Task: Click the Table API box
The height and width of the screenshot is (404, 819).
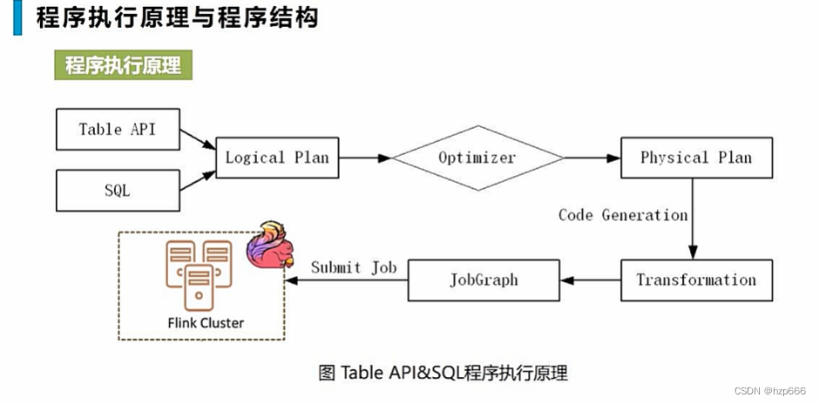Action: pyautogui.click(x=118, y=129)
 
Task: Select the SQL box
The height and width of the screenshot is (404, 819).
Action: pyautogui.click(x=118, y=190)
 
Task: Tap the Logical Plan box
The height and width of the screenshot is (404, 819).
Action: pyautogui.click(x=277, y=158)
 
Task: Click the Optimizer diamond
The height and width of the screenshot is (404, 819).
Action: pyautogui.click(x=477, y=158)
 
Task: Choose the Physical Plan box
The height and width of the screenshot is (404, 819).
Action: pyautogui.click(x=695, y=158)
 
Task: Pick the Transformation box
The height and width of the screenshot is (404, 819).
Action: pyautogui.click(x=695, y=279)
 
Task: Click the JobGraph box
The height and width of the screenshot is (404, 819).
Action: pyautogui.click(x=484, y=279)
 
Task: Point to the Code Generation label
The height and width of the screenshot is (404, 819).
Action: pyautogui.click(x=623, y=215)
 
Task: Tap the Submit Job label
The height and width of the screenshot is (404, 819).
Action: pyautogui.click(x=354, y=267)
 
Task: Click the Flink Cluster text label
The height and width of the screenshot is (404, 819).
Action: pyautogui.click(x=206, y=323)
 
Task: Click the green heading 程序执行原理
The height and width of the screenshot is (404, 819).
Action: pyautogui.click(x=123, y=65)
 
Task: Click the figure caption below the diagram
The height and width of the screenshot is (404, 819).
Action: pyautogui.click(x=443, y=374)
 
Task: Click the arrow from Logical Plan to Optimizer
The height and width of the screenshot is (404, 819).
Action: pyautogui.click(x=365, y=158)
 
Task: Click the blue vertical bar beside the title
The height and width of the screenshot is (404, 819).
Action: pyautogui.click(x=17, y=17)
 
